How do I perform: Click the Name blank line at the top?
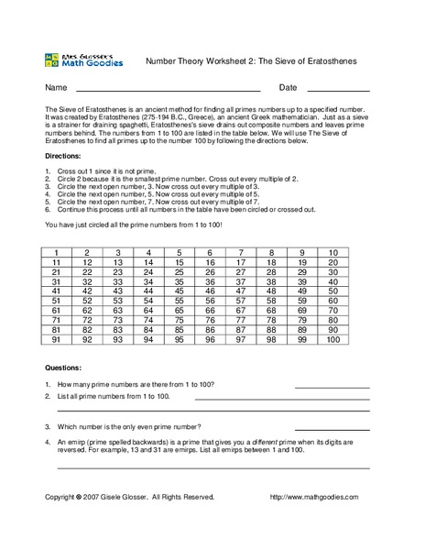168,91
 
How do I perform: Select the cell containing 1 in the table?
56,252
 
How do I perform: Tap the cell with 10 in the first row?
332,252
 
